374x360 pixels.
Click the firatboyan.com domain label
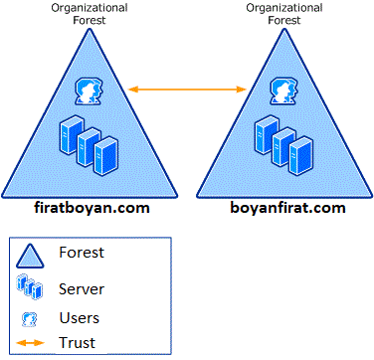coord(90,209)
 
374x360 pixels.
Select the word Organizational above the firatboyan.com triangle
coord(90,8)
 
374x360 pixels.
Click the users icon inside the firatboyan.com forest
coord(89,91)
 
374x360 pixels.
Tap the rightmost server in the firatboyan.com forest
coord(104,150)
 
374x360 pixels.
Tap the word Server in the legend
coord(83,288)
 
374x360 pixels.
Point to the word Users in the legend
coord(81,319)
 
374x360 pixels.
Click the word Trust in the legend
coord(78,343)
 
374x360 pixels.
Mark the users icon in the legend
coord(30,319)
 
